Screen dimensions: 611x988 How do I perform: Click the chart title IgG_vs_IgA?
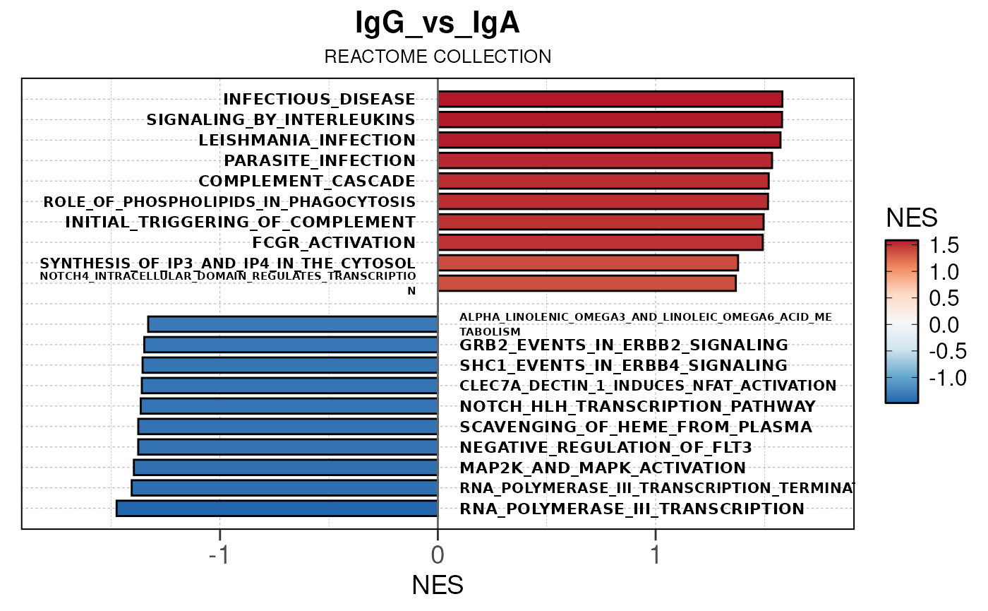tap(438, 24)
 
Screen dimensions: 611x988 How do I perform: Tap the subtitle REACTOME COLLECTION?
tap(438, 57)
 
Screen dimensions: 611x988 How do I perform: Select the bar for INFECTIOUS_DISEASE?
tap(610, 99)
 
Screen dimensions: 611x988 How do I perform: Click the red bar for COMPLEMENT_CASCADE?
tap(603, 181)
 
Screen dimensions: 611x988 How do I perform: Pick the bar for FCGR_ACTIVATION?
tap(600, 242)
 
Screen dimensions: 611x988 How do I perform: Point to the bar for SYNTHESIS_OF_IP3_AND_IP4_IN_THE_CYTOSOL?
tap(588, 263)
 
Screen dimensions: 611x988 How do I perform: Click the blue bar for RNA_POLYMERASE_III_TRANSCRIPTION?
tap(277, 509)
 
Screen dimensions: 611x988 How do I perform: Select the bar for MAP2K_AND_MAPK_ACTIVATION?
tap(286, 468)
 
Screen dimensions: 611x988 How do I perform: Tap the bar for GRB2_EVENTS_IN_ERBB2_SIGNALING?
tap(291, 345)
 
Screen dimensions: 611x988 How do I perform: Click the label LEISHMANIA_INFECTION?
tap(307, 140)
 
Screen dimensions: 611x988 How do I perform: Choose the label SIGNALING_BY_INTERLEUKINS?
tap(281, 119)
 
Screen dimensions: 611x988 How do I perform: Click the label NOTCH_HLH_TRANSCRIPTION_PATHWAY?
tap(637, 406)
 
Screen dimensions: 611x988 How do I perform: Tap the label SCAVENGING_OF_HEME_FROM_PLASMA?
tap(635, 427)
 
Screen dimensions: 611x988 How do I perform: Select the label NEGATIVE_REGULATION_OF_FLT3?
tap(606, 447)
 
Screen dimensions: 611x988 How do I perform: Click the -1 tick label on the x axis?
tap(219, 555)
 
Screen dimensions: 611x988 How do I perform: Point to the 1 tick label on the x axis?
tap(656, 555)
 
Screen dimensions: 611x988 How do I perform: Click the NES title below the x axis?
tap(438, 585)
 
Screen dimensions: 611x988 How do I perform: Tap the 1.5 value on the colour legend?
tap(943, 245)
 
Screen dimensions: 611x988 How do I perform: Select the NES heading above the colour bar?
tap(912, 218)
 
